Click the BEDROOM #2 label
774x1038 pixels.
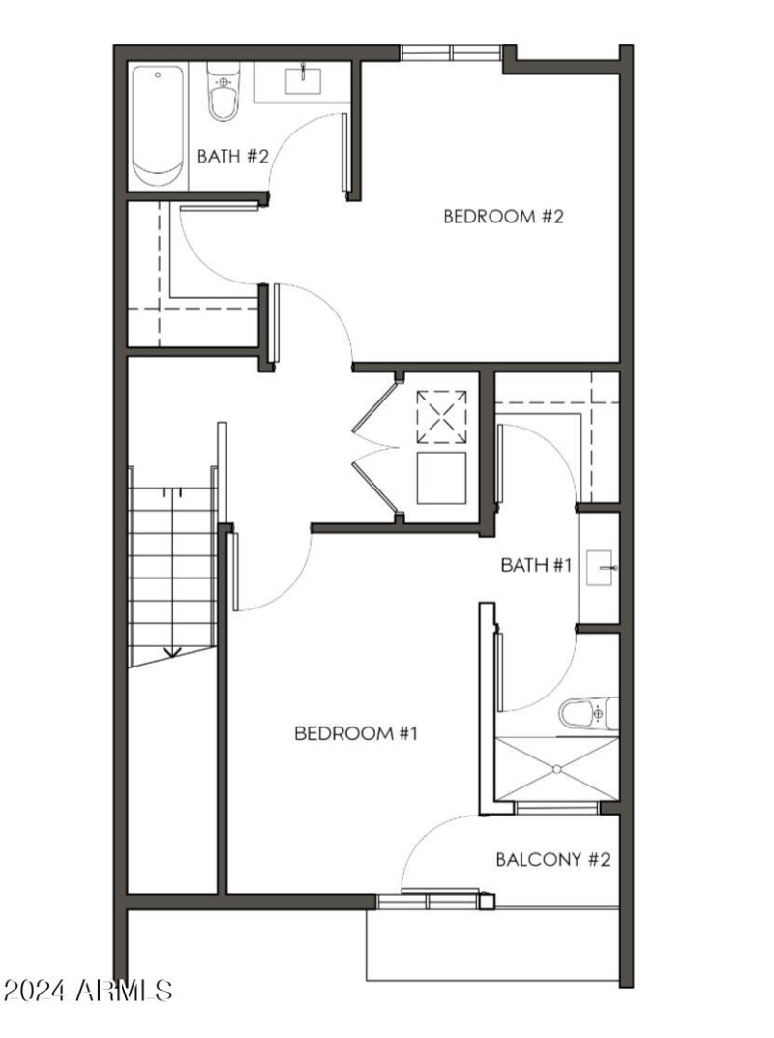point(503,216)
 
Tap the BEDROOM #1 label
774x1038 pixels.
point(355,734)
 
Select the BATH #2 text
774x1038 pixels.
point(232,156)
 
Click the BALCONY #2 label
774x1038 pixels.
point(552,859)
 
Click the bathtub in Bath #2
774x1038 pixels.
point(158,126)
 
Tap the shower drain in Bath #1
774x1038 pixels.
point(557,770)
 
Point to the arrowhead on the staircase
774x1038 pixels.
point(171,651)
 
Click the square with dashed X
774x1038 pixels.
point(441,417)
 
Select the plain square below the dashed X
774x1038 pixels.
point(441,478)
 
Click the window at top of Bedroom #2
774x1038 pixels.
point(452,53)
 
